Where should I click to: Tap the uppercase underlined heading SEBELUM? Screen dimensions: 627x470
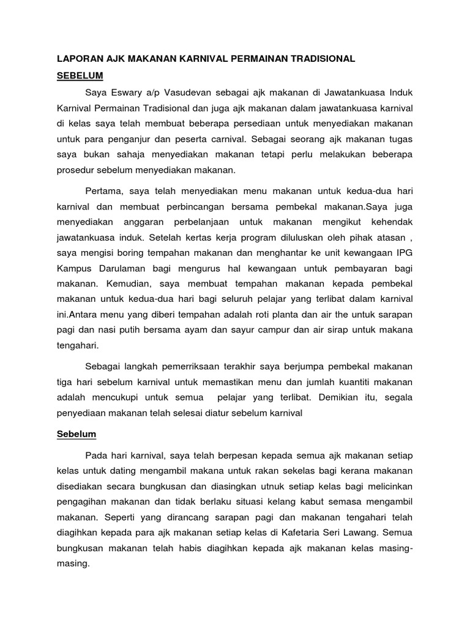point(80,76)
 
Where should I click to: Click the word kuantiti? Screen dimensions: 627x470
point(347,381)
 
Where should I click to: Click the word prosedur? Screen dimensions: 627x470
point(79,170)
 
